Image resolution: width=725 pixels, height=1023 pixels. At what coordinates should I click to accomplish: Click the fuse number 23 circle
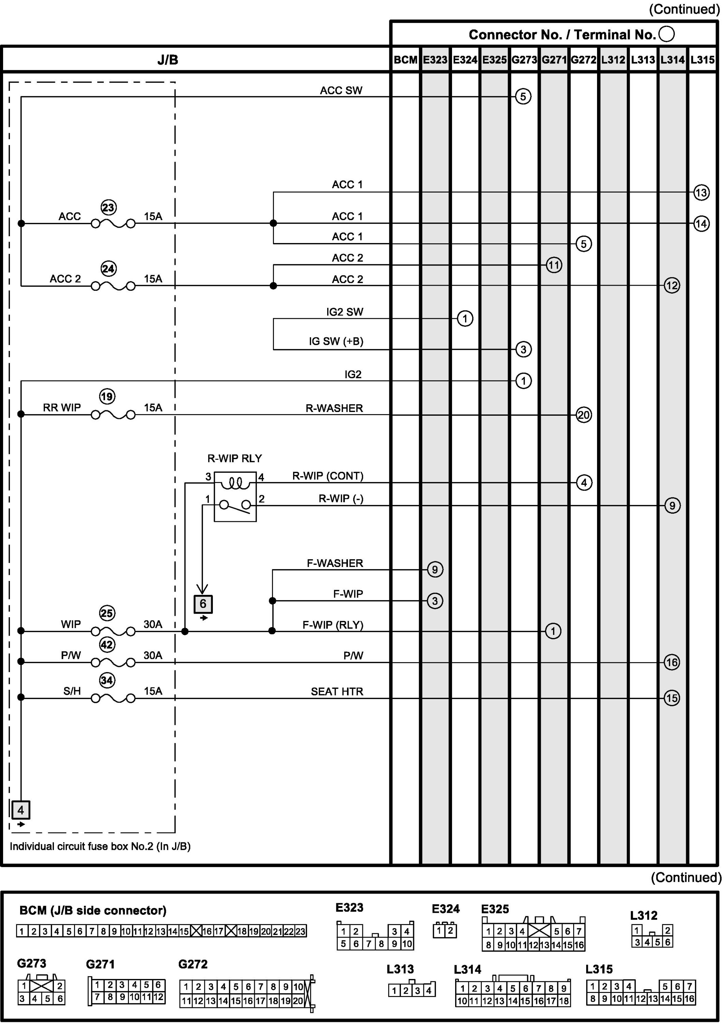point(108,208)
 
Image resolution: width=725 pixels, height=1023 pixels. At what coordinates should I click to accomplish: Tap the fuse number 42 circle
point(107,644)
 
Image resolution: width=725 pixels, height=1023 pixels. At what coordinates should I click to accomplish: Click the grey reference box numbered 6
point(203,604)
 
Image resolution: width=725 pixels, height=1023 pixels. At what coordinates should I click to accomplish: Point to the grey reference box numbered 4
point(20,810)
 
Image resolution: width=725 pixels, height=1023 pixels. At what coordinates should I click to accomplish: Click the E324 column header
point(465,60)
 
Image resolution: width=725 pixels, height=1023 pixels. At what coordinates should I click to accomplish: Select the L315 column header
point(702,60)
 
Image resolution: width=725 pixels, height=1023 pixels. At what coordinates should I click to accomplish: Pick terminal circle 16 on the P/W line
point(672,662)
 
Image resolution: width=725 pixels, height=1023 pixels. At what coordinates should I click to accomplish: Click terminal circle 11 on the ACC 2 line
point(554,265)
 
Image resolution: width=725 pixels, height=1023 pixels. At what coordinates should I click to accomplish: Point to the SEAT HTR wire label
point(337,691)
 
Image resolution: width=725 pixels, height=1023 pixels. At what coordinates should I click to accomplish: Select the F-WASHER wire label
point(335,563)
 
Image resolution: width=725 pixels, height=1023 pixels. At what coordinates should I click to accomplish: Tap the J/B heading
point(168,60)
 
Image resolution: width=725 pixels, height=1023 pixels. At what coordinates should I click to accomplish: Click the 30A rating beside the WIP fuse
point(153,624)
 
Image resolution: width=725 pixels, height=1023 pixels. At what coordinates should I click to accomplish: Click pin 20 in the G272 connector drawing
point(298,1001)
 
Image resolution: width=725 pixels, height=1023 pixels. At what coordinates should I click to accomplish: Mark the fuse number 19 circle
point(107,397)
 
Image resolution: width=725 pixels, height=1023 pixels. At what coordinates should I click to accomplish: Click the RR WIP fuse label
point(62,408)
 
